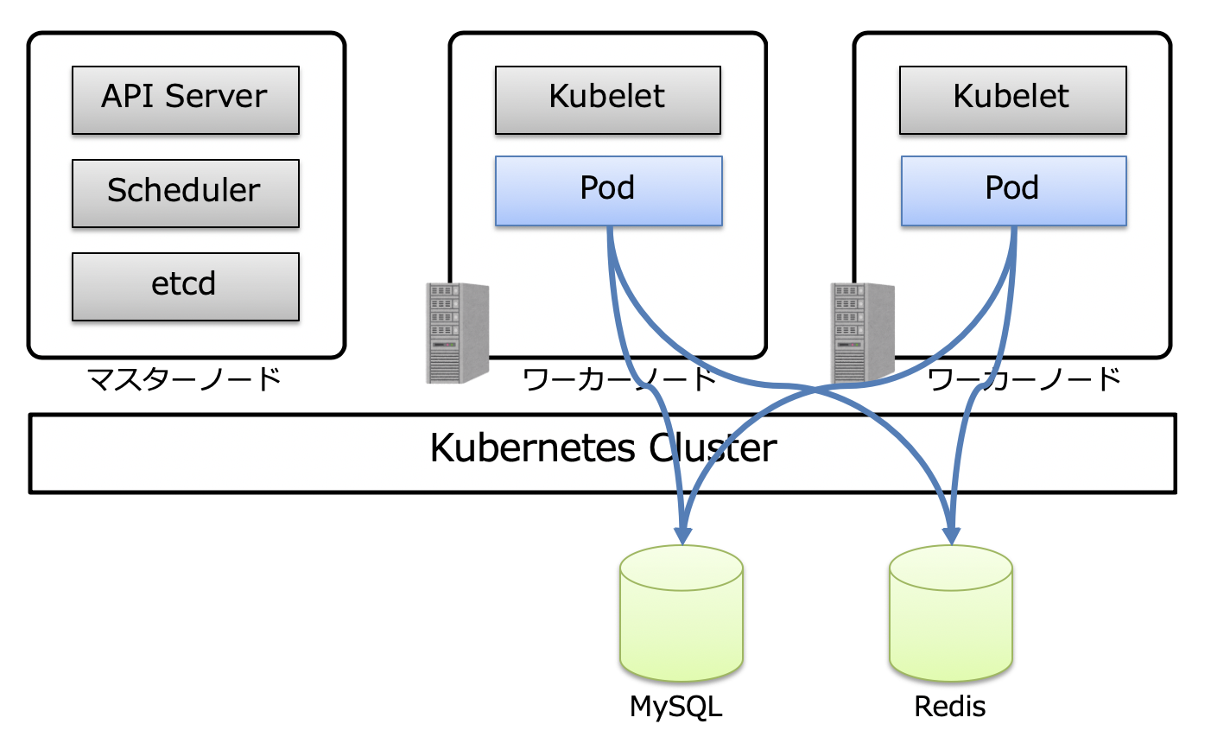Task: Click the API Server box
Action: tap(185, 100)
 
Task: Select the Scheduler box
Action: tap(185, 193)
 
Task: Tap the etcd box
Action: tap(185, 286)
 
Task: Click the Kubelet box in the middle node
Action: tap(607, 100)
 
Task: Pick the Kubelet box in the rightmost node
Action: tap(1012, 100)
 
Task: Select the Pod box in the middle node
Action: tap(608, 191)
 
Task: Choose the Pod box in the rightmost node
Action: tap(1013, 191)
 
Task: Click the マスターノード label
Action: tap(185, 378)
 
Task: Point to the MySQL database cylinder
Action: tap(682, 613)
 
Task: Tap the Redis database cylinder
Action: tap(950, 613)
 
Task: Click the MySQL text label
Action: tap(675, 707)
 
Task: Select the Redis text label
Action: tap(950, 707)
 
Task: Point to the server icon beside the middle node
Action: tap(458, 333)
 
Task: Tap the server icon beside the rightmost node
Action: tap(862, 333)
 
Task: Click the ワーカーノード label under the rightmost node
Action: tap(1024, 378)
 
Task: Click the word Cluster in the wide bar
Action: tap(713, 448)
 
